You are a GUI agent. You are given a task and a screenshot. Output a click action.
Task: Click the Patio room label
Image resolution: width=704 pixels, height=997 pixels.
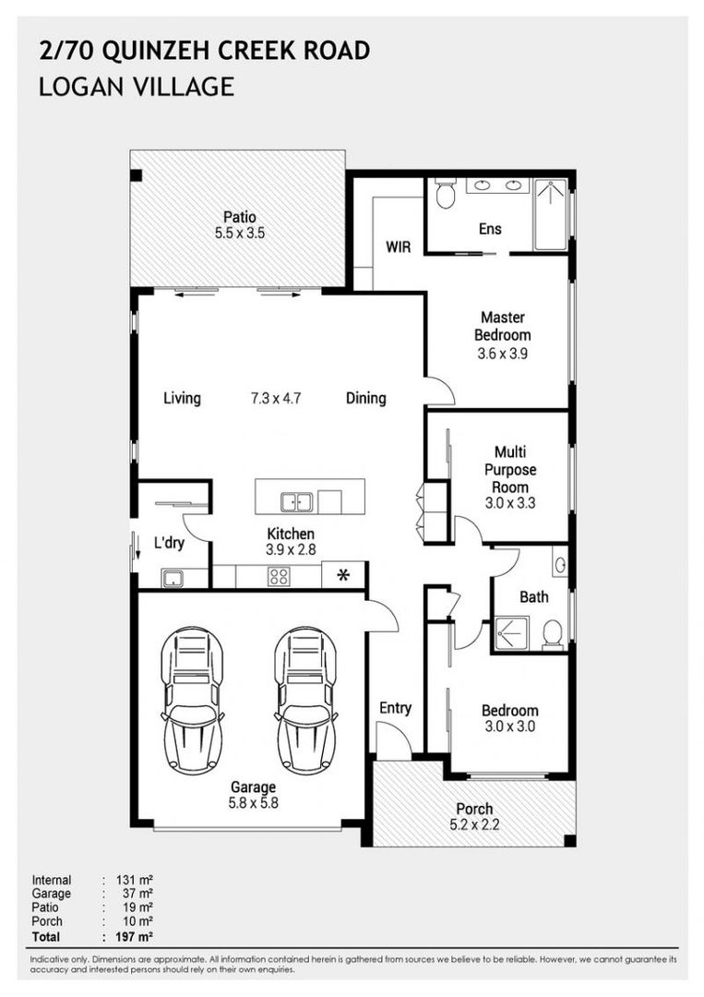coord(240,217)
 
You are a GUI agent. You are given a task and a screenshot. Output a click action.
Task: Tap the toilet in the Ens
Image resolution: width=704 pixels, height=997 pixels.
coord(446,193)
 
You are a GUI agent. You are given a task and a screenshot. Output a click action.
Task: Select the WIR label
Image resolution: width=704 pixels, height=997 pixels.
coord(399,246)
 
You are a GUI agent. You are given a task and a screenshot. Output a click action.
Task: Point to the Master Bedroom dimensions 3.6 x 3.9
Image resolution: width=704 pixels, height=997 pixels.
coord(503,353)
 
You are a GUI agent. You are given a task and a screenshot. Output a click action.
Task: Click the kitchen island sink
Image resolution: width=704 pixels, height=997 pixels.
coord(296,501)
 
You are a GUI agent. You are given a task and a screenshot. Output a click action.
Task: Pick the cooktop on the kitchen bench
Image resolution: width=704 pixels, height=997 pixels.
coord(279,576)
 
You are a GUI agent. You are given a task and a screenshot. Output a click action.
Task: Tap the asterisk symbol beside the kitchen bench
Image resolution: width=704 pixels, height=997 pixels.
coord(343,575)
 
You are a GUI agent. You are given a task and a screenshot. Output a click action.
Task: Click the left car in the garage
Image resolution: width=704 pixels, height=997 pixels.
coord(192,700)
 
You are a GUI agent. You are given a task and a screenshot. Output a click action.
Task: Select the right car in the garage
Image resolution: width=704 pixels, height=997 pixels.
coord(305,700)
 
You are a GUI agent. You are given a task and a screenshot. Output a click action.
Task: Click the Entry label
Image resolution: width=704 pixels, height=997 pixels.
coord(395,708)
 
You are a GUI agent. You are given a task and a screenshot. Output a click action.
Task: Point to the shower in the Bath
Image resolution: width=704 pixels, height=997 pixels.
coord(511,633)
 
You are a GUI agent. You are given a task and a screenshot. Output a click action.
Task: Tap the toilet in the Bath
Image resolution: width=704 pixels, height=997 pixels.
coord(553,634)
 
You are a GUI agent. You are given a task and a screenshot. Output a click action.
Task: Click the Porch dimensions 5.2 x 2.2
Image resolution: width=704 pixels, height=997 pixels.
coord(474,824)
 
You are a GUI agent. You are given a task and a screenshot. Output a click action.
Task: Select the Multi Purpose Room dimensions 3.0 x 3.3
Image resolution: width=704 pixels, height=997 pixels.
coord(510,503)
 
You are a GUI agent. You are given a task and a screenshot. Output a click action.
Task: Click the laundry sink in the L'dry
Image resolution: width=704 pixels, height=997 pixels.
coord(173,579)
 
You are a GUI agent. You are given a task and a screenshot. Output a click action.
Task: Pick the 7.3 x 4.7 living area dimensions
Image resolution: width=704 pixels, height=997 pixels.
coord(276,398)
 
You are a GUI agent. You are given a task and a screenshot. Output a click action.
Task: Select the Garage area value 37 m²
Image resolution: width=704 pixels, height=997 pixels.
coord(137,894)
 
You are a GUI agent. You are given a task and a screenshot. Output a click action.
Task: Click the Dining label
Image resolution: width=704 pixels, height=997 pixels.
coord(366,398)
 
